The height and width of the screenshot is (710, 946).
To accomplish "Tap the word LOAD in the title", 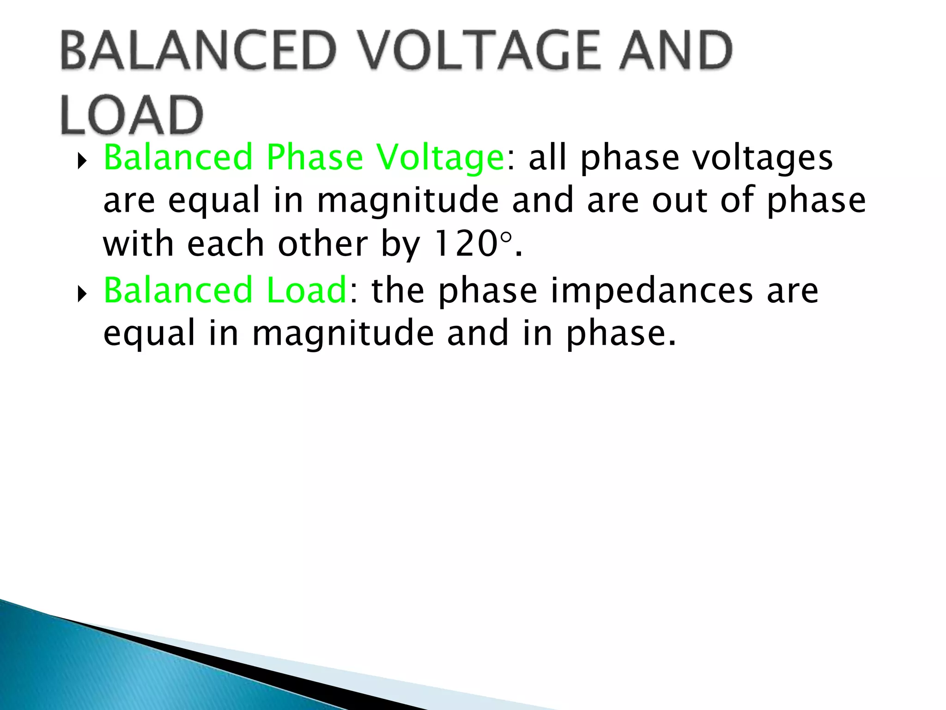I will [132, 116].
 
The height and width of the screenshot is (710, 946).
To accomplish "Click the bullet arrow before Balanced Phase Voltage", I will [82, 161].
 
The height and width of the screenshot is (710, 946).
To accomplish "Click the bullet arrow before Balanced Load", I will [82, 294].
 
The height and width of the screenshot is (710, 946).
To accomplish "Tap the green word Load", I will [307, 290].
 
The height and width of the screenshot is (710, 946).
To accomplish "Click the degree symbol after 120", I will [506, 238].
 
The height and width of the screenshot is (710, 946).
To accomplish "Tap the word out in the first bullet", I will [679, 201].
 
